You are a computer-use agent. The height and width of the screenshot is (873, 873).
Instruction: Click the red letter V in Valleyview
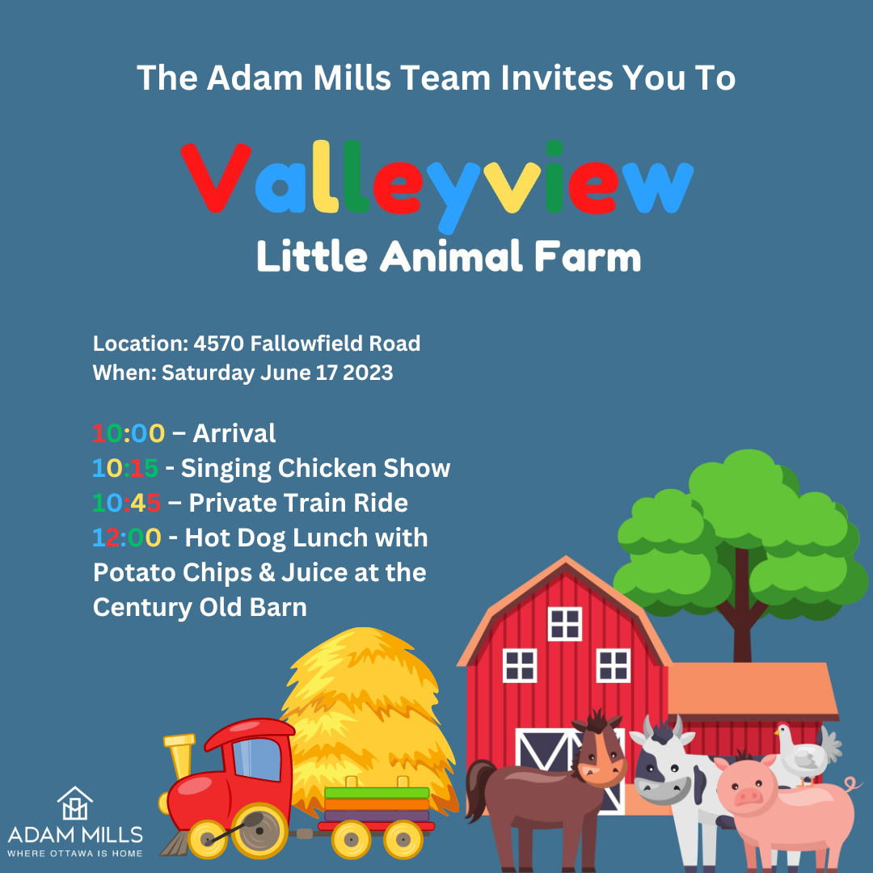[216, 178]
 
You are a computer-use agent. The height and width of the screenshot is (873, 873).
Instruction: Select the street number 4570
[219, 344]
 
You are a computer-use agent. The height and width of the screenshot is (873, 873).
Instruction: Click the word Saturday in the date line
[209, 373]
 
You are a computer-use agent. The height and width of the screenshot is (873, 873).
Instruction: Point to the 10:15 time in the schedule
[125, 468]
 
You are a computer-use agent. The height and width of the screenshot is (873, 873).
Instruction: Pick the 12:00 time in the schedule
[127, 538]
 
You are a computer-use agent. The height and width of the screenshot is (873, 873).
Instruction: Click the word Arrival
[234, 433]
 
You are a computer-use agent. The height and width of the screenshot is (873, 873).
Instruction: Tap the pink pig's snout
[749, 797]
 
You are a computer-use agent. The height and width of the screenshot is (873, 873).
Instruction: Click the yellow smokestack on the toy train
[180, 757]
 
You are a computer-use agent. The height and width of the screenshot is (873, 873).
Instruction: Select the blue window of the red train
[257, 759]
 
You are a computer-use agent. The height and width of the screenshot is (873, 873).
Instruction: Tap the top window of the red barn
[565, 623]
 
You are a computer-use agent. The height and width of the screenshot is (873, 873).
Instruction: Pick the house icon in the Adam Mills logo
[75, 803]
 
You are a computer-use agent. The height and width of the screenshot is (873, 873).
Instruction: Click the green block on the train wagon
[377, 793]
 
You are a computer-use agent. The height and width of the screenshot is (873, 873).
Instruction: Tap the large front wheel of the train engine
[259, 830]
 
